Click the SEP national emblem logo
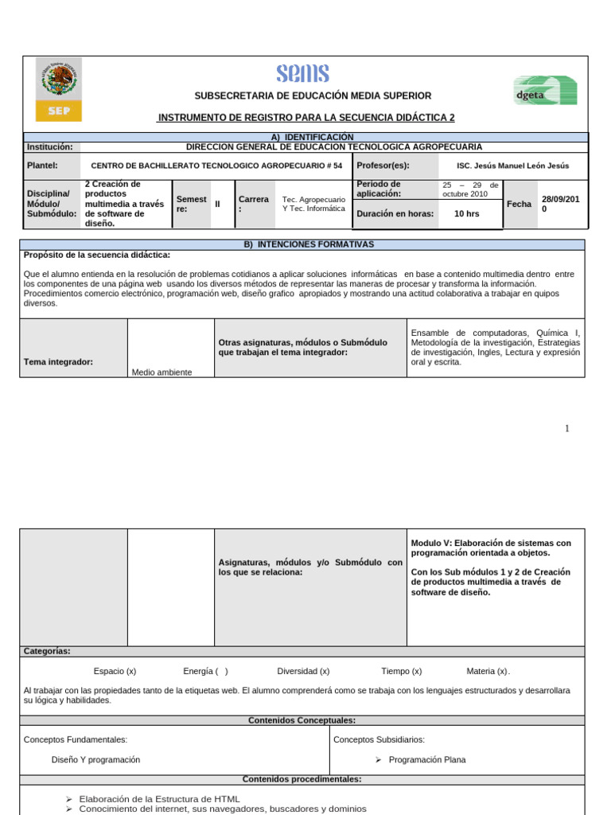tap(59, 88)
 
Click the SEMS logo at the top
tap(302, 74)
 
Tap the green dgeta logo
tap(544, 90)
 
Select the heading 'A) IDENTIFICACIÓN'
tap(306, 137)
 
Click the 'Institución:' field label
tap(49, 147)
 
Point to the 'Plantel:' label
tap(43, 166)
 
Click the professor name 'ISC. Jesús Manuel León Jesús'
tap(513, 166)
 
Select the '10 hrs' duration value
tap(466, 214)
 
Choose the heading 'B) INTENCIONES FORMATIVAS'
tap(307, 244)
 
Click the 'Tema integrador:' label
tap(59, 362)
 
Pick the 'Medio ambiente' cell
tap(162, 372)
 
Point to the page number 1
tap(567, 429)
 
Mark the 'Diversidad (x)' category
tap(303, 671)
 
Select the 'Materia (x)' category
tap(488, 671)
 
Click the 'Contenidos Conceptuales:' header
tap(302, 720)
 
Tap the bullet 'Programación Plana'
tap(427, 760)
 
